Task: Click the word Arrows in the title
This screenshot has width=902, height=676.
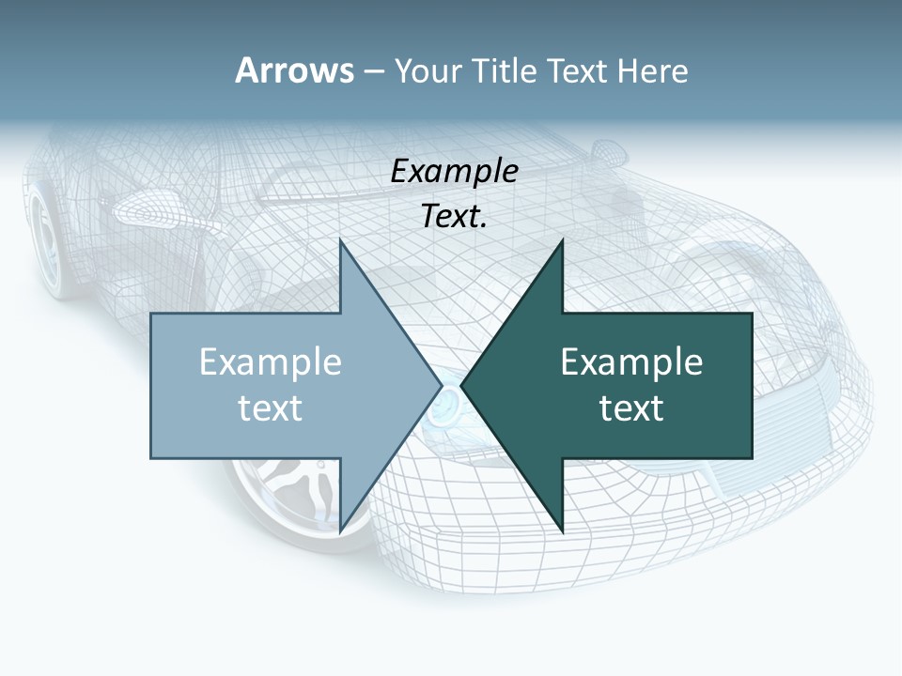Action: [294, 70]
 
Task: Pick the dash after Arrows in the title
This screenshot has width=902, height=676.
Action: [373, 71]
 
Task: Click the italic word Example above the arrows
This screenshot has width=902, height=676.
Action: [454, 171]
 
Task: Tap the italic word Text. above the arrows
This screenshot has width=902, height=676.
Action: [454, 216]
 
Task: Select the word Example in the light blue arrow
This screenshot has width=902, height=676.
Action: [271, 361]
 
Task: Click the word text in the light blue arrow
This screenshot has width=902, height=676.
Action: [271, 407]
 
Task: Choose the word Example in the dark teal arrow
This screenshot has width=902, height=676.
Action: [631, 361]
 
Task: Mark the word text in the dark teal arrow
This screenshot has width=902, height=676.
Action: [631, 407]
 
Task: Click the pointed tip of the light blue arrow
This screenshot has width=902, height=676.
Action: [441, 385]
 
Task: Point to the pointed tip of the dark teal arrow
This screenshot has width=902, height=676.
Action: [462, 385]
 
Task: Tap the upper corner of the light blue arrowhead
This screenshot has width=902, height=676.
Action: [341, 242]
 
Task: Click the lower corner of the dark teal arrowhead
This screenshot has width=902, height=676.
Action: [562, 531]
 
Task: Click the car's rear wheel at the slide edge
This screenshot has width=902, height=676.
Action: [42, 235]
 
